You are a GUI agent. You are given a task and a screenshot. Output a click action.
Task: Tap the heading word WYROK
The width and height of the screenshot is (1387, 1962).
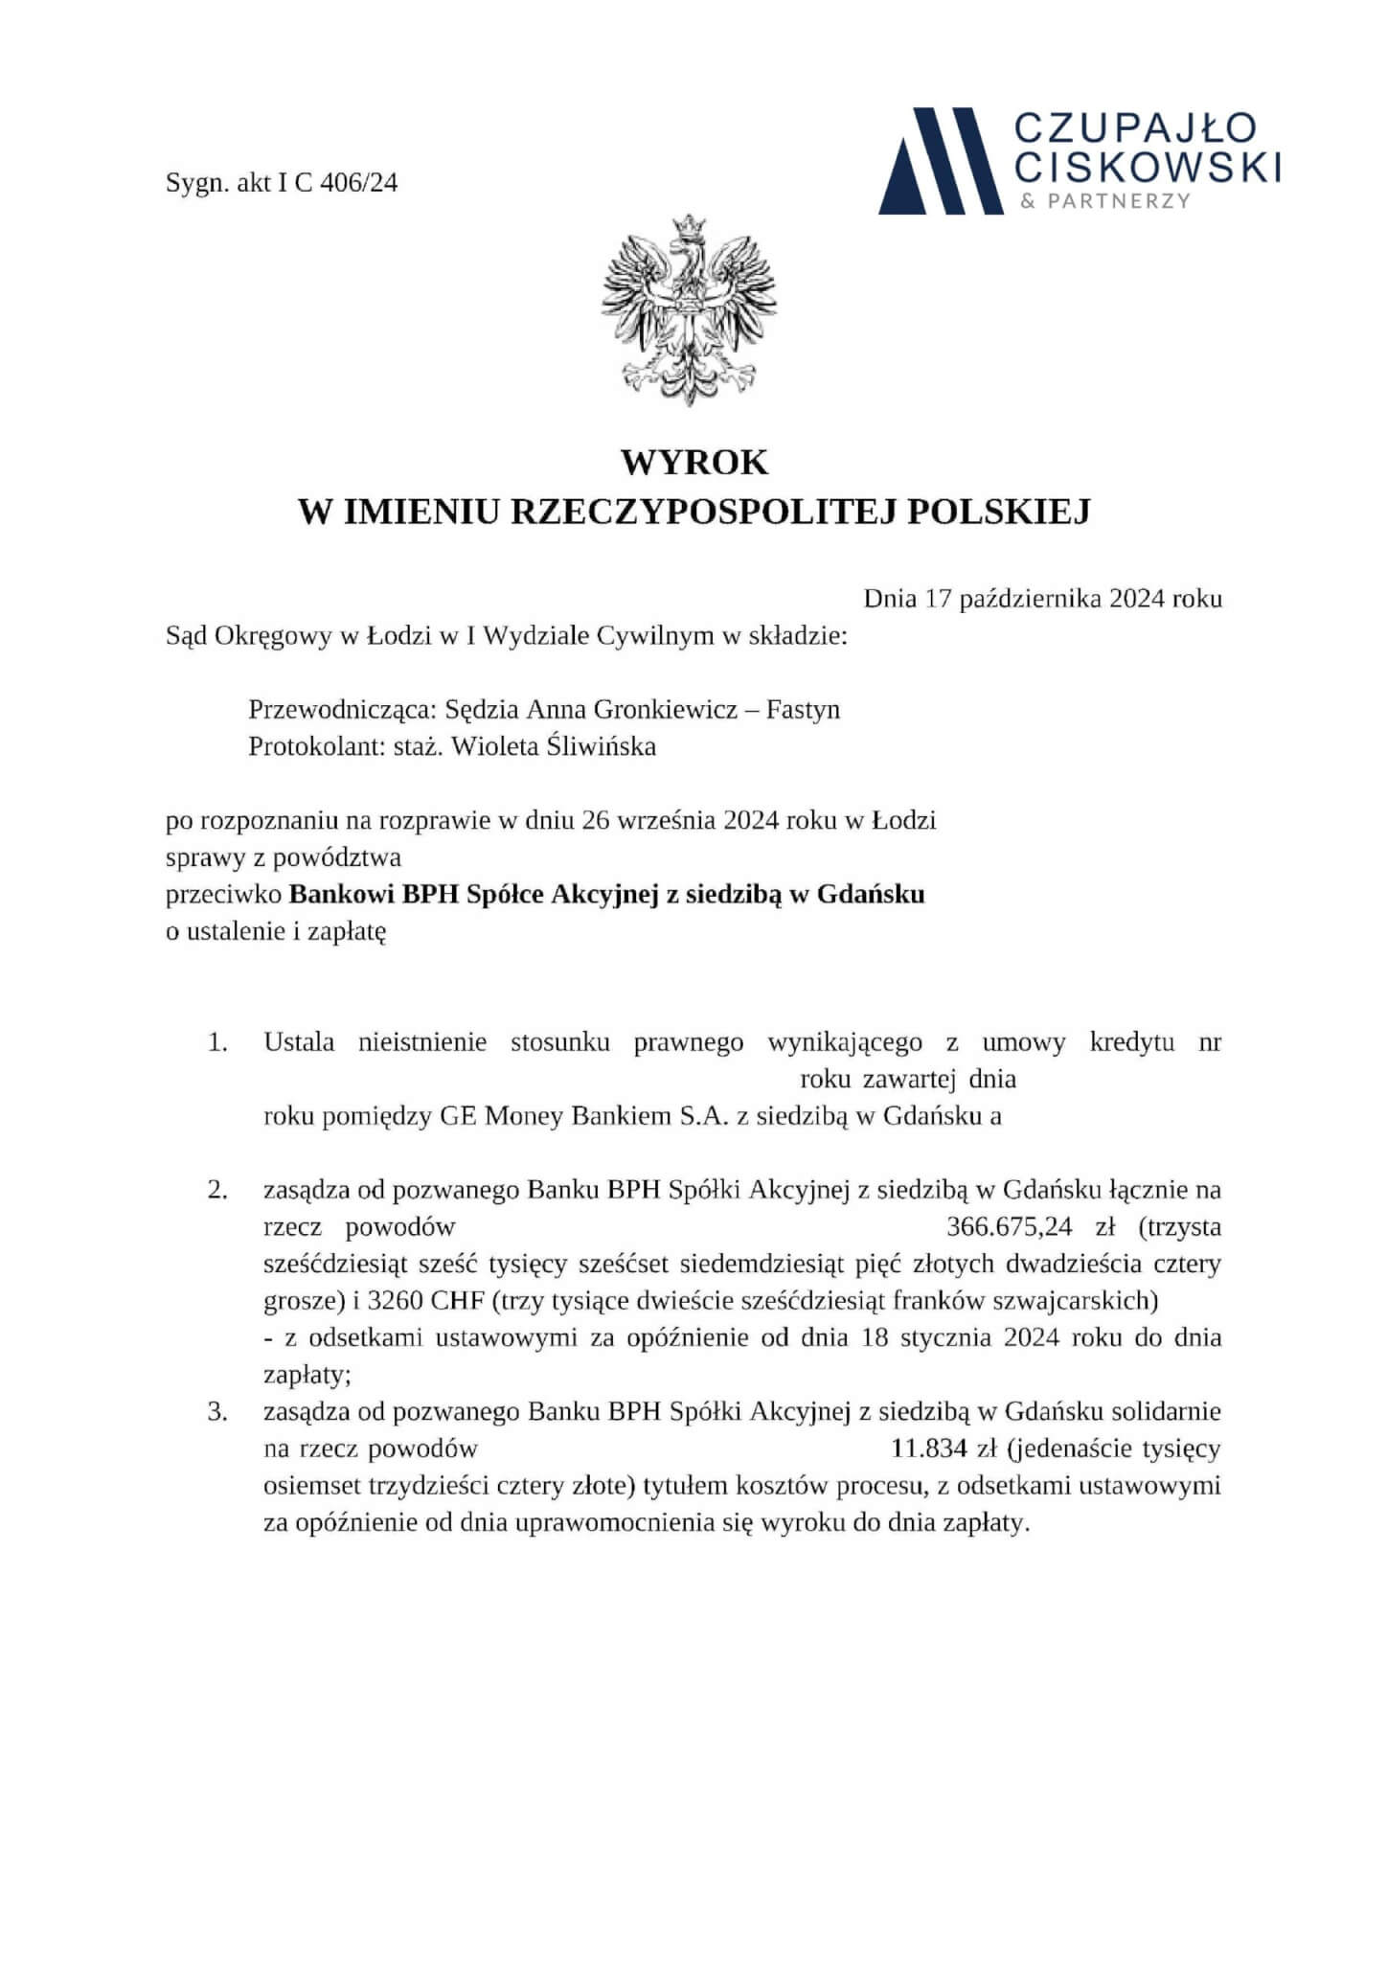(693, 462)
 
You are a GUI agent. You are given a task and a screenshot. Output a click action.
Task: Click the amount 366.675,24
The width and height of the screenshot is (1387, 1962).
(1009, 1226)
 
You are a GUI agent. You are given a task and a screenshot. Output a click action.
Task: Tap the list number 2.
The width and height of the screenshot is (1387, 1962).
(217, 1191)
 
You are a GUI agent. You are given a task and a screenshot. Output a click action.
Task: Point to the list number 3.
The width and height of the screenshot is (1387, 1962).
(217, 1412)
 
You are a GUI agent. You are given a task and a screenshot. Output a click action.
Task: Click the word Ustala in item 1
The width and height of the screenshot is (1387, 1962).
(299, 1042)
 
